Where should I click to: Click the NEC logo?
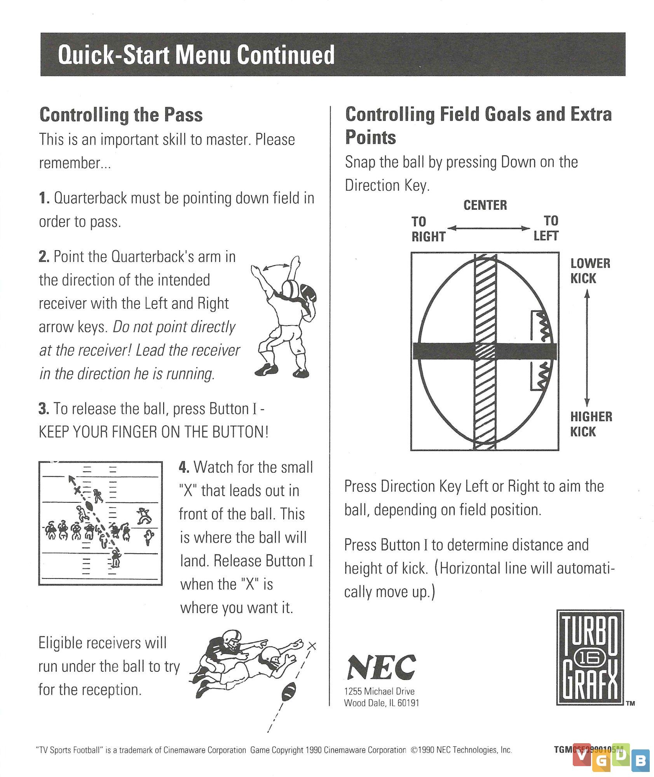point(381,667)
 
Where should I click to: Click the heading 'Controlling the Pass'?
point(121,115)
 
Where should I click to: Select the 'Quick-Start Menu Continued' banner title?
point(196,55)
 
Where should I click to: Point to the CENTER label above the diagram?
point(485,205)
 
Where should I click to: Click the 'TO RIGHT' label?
point(428,229)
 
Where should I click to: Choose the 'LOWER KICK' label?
point(590,271)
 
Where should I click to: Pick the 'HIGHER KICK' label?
point(591,424)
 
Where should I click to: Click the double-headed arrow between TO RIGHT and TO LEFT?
point(488,228)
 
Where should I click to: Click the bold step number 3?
point(44,409)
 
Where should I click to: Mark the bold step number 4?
point(184,467)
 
